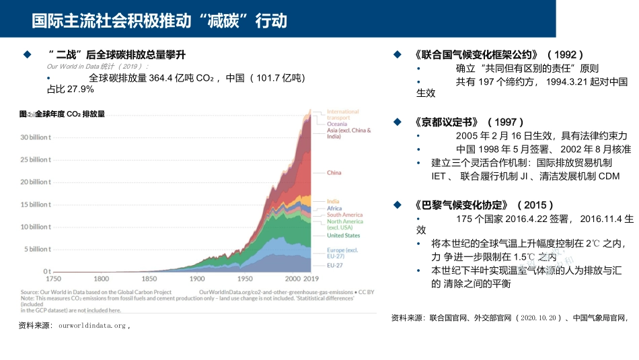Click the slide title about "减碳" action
(159, 21)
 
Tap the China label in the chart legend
(334, 173)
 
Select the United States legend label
(343, 236)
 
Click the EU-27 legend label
(335, 265)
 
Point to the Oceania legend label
(337, 124)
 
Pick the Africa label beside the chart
(334, 209)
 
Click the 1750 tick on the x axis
(53, 279)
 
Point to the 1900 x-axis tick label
(197, 279)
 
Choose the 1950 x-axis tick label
(245, 279)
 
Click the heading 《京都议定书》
(447, 122)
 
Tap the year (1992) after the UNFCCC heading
(565, 54)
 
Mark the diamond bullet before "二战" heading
(28, 54)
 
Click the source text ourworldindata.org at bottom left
(91, 326)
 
